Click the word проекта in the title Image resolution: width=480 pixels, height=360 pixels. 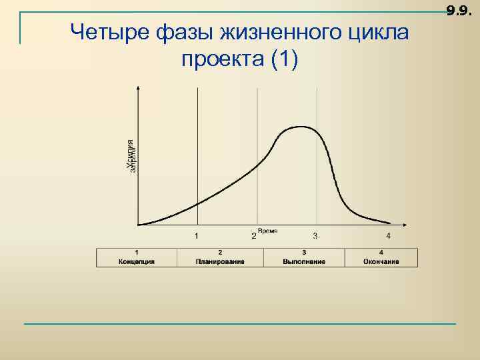point(223,60)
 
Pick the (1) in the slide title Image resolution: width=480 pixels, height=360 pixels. point(286,60)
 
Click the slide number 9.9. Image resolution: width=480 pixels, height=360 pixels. point(459,9)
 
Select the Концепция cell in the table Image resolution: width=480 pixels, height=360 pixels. point(137,257)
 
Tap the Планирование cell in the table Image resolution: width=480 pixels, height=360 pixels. point(220,257)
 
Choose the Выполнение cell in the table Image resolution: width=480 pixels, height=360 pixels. point(304,257)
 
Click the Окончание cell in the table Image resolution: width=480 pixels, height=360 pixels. point(381,257)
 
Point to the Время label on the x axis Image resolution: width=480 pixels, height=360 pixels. point(267,230)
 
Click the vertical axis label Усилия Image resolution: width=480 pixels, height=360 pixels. point(131,154)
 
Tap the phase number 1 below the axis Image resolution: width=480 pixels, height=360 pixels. point(196,235)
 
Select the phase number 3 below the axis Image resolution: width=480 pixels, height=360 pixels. point(315,235)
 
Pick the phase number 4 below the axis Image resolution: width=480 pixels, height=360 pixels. point(389,235)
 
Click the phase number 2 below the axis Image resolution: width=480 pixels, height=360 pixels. point(253,236)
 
